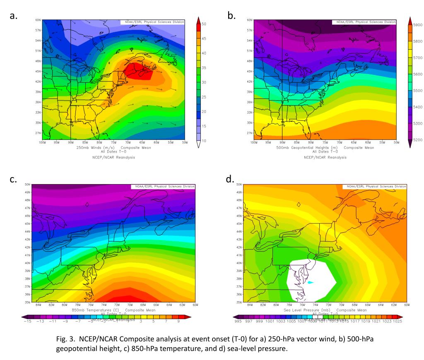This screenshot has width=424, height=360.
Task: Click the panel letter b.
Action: [x=231, y=16]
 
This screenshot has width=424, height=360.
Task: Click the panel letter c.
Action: [x=14, y=179]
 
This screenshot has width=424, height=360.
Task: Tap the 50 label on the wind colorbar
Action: [x=204, y=24]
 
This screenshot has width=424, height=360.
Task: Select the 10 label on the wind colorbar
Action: [x=204, y=141]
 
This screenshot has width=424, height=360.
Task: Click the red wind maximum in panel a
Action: [x=139, y=71]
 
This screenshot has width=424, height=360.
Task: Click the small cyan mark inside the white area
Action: [x=311, y=283]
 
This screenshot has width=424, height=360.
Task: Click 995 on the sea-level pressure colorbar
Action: [x=238, y=321]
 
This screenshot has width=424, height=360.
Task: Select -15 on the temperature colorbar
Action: [x=27, y=321]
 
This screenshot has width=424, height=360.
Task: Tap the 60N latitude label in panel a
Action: [x=38, y=20]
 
